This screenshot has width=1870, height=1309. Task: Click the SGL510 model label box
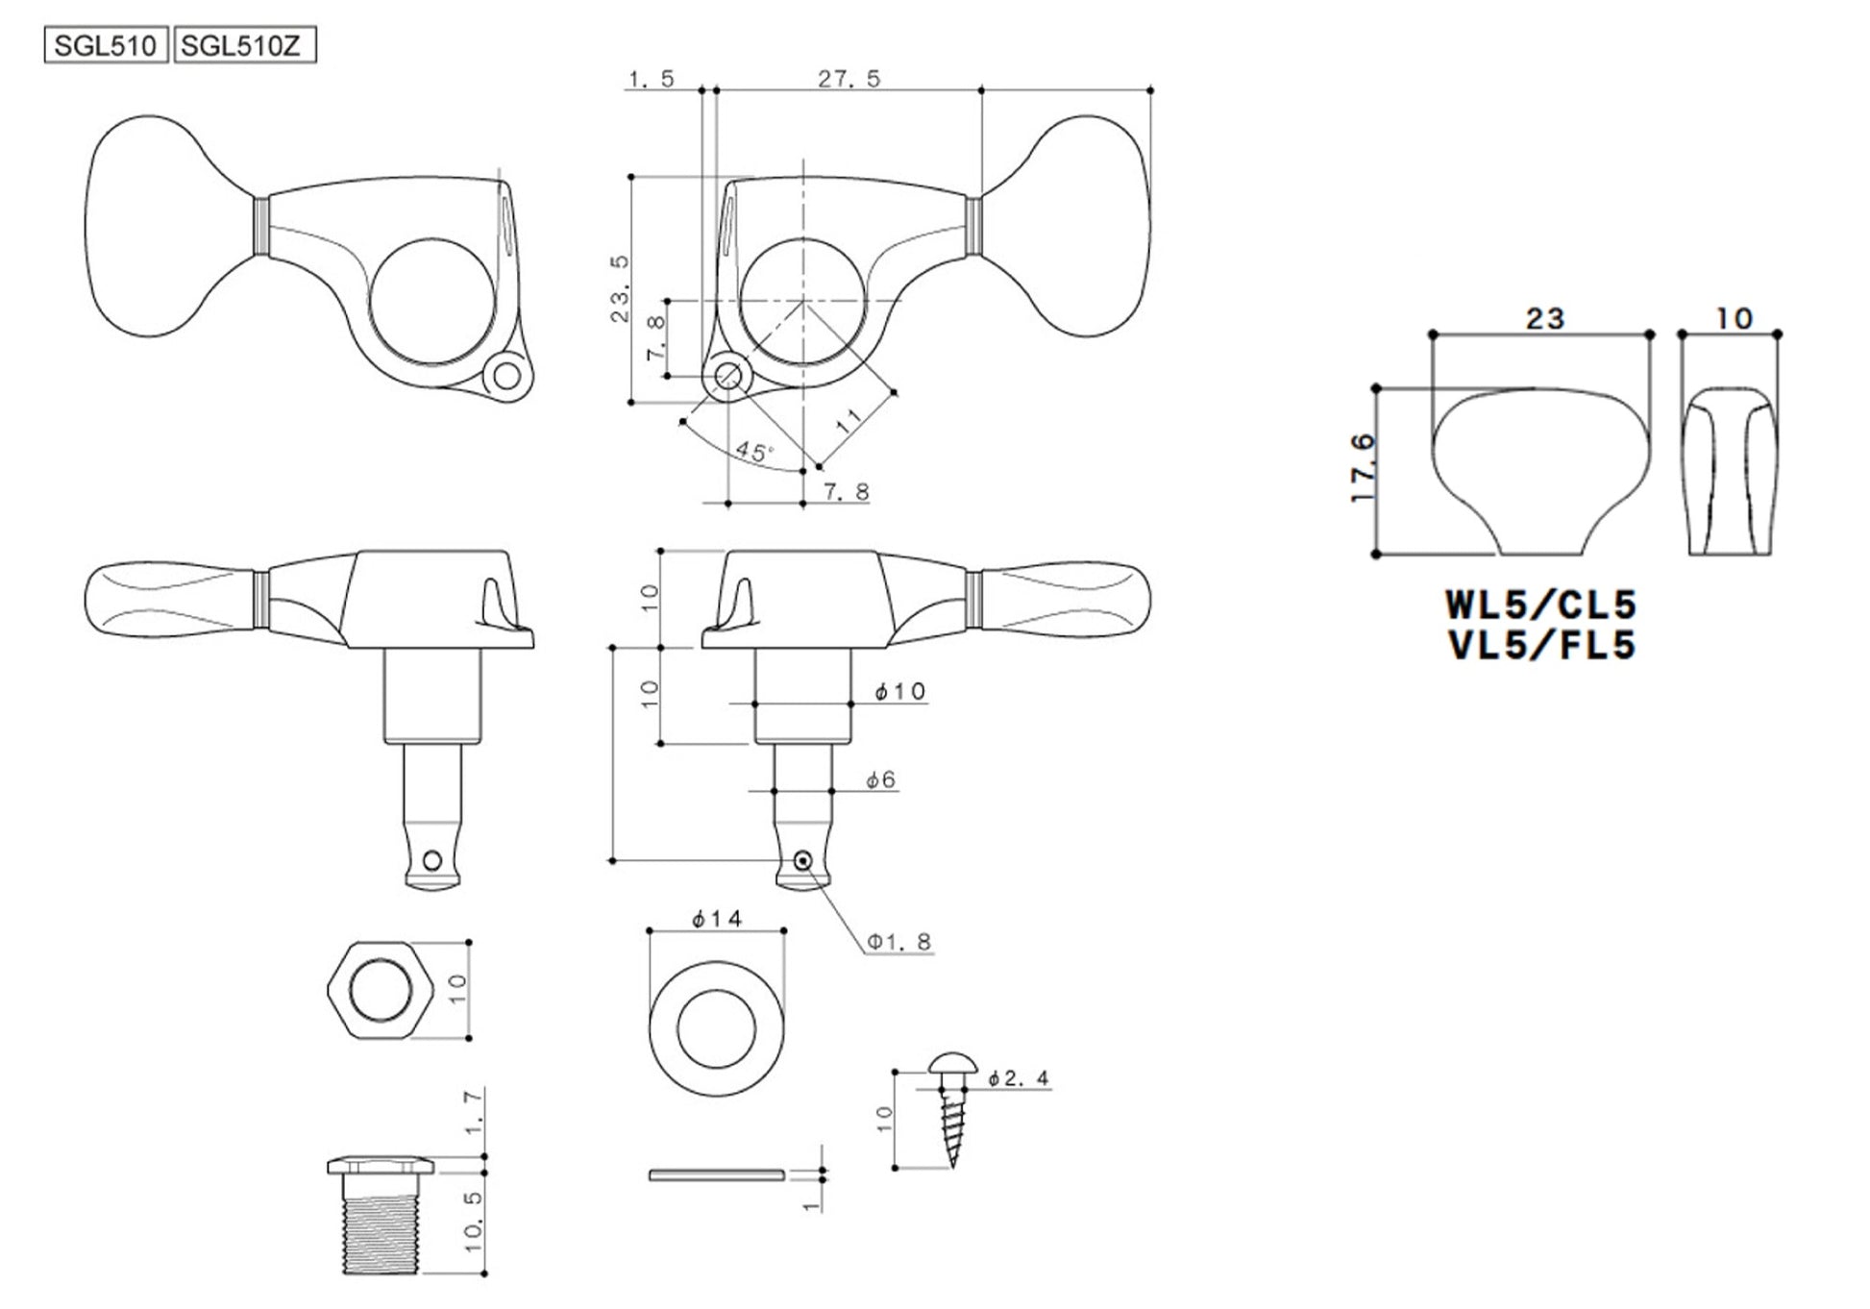coord(106,46)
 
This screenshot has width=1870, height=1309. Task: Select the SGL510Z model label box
coord(244,46)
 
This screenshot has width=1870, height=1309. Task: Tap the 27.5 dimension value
coord(849,79)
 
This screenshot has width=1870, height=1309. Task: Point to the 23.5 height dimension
coord(621,289)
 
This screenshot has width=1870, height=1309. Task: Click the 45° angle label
coord(755,452)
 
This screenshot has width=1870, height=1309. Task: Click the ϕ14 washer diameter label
coord(718,919)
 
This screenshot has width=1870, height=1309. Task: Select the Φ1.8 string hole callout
coord(899,942)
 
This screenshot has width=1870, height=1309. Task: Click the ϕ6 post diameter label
coord(880,779)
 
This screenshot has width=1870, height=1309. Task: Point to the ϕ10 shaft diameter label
coord(899,691)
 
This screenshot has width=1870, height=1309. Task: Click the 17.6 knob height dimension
coord(1363,468)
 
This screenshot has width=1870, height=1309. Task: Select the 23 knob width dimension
coord(1545,318)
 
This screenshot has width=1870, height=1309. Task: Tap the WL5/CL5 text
coord(1541,605)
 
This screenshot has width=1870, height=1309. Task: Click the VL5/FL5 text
coord(1541,645)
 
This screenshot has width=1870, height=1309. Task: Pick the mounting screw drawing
coord(952,1110)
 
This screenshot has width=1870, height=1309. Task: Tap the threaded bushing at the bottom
coord(381,1217)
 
